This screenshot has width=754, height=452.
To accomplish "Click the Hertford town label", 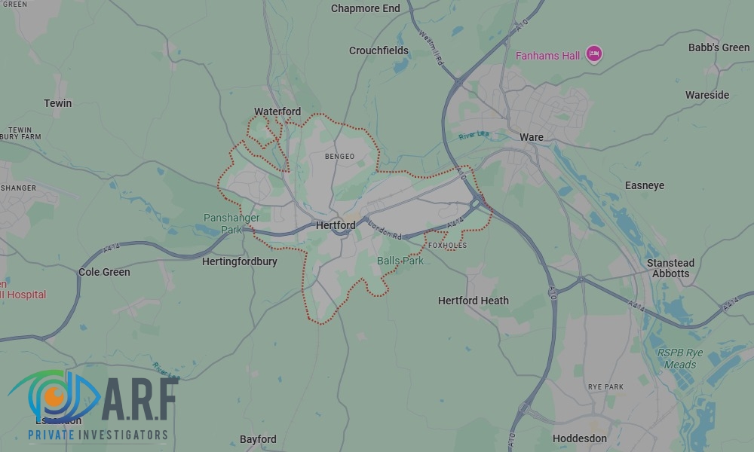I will pyautogui.click(x=336, y=225).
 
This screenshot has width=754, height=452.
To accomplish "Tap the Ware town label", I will pyautogui.click(x=532, y=138).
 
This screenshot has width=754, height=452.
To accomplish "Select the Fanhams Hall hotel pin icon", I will pyautogui.click(x=594, y=53).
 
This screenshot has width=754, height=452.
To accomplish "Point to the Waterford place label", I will pyautogui.click(x=277, y=112).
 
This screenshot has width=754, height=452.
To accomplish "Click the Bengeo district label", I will pyautogui.click(x=339, y=157).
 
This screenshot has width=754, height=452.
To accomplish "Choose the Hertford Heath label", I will pyautogui.click(x=474, y=301).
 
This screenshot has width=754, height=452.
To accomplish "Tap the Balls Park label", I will pyautogui.click(x=400, y=261).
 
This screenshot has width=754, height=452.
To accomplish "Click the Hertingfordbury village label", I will pyautogui.click(x=240, y=262).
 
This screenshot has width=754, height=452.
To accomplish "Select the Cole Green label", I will pyautogui.click(x=104, y=272).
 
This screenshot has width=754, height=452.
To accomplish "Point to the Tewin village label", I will pyautogui.click(x=58, y=103).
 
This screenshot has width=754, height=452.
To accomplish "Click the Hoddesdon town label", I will pyautogui.click(x=580, y=438).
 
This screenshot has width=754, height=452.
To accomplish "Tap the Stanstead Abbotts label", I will pyautogui.click(x=670, y=268).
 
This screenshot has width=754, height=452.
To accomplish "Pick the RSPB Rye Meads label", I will pyautogui.click(x=679, y=359).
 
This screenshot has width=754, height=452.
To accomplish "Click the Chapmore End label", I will pyautogui.click(x=366, y=9).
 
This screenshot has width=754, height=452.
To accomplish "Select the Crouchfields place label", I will pyautogui.click(x=379, y=51).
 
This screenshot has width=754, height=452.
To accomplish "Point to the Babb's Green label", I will pyautogui.click(x=719, y=47).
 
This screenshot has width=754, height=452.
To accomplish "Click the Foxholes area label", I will pyautogui.click(x=447, y=246).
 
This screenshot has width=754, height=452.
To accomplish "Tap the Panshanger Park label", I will pyautogui.click(x=231, y=224).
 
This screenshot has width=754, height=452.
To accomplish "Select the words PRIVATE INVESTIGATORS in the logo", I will pyautogui.click(x=98, y=435).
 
